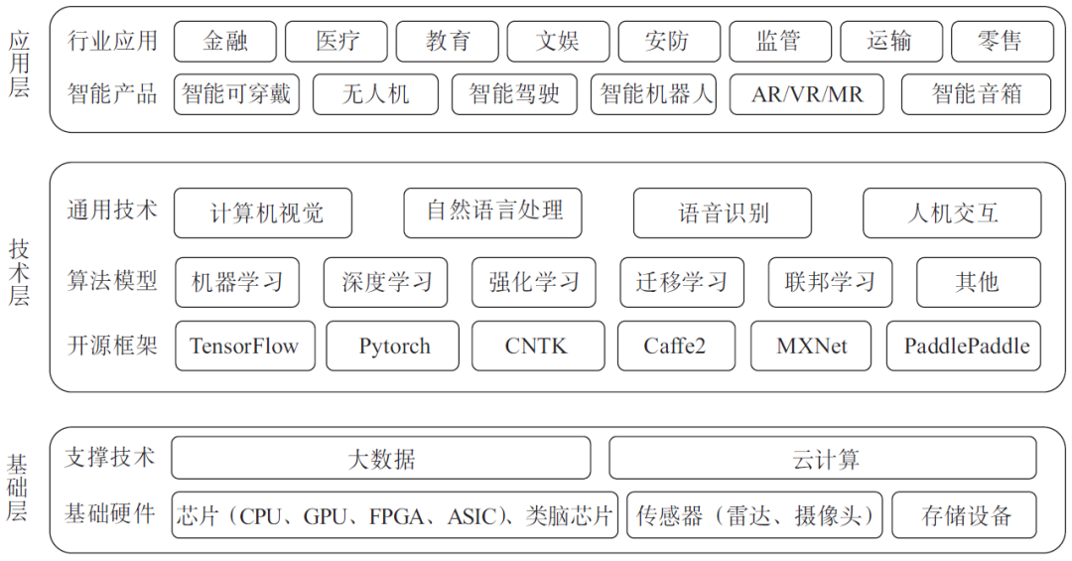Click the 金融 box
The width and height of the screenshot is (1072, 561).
click(224, 42)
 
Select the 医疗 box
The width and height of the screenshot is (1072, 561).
click(336, 42)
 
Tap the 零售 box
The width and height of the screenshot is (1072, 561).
click(1001, 42)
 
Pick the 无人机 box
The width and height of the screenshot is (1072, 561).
click(375, 94)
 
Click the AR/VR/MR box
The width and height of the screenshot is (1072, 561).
click(806, 94)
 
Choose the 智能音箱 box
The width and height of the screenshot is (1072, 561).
click(976, 94)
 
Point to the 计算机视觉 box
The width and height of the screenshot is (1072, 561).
click(263, 212)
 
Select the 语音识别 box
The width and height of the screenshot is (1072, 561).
click(722, 212)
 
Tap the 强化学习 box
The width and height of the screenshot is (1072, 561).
click(533, 282)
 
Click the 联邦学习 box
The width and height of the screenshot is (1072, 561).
click(830, 282)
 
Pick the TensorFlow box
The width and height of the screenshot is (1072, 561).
click(244, 347)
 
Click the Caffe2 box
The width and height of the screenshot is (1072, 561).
click(675, 347)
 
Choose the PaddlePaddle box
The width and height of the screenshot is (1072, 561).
click(966, 347)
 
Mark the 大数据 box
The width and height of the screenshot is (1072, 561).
click(380, 459)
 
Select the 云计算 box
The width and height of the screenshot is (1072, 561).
click(822, 459)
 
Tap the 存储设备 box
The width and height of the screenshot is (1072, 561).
click(965, 515)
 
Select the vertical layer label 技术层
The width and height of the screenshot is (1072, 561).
click(19, 272)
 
